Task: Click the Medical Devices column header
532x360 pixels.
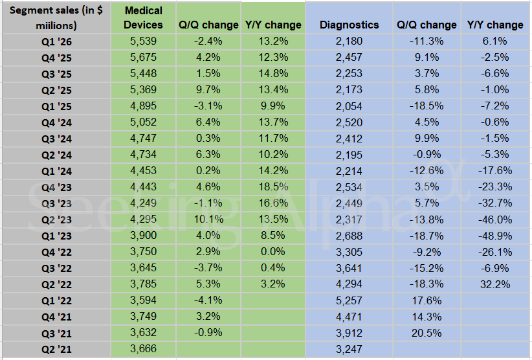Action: [143, 17]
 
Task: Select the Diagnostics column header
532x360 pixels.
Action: [349, 25]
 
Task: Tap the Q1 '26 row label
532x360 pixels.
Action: [55, 41]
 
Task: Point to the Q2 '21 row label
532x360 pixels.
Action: [55, 348]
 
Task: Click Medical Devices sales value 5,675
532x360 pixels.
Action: [143, 57]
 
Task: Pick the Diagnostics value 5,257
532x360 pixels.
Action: [349, 300]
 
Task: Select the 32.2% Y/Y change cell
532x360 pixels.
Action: [495, 284]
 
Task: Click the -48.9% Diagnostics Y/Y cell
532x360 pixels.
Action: [495, 235]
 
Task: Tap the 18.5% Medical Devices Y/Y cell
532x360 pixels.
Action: [273, 186]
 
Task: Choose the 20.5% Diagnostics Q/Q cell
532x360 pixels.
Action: [427, 332]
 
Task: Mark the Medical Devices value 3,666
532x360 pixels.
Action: [143, 348]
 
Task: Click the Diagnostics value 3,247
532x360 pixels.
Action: [349, 348]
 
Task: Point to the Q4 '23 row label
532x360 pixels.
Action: [55, 186]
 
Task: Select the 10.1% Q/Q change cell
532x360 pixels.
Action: [208, 219]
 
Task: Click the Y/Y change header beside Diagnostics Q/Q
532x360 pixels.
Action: [495, 25]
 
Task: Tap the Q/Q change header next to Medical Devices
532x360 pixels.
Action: [208, 25]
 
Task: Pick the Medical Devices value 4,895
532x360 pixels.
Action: [143, 106]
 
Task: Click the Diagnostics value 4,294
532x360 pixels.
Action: [349, 284]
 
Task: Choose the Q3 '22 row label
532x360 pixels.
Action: [55, 267]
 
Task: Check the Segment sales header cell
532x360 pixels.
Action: [55, 18]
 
